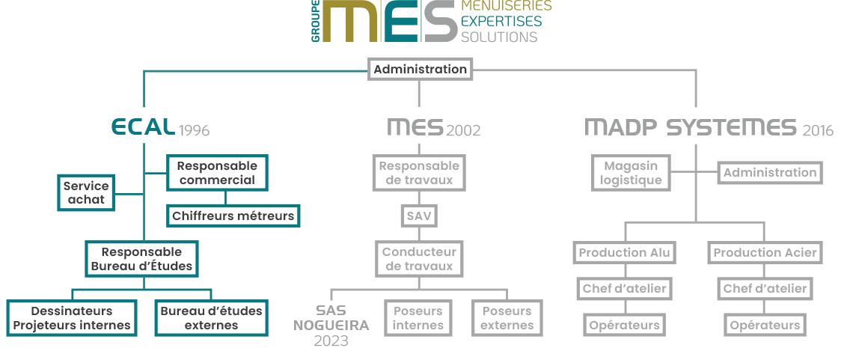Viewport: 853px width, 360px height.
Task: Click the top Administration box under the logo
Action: click(x=420, y=70)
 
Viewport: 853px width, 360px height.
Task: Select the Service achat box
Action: click(x=86, y=192)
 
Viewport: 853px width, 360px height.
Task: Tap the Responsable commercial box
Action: click(x=217, y=173)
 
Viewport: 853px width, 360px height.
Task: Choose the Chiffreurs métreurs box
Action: click(x=233, y=216)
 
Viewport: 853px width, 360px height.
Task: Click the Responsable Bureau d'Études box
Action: click(x=141, y=259)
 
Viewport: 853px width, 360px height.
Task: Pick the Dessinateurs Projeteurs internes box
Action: click(x=72, y=318)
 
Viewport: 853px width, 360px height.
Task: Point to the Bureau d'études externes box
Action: click(x=211, y=318)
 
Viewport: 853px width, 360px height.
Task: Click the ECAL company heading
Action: click(x=143, y=128)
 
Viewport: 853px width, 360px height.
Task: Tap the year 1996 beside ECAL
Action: click(x=194, y=131)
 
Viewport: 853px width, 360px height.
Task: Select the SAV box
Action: click(x=419, y=216)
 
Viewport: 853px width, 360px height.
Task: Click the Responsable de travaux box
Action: click(x=419, y=173)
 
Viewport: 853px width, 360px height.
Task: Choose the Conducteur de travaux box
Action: click(x=419, y=259)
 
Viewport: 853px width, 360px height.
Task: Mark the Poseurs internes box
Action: click(x=418, y=318)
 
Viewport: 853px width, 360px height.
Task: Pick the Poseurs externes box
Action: click(x=507, y=318)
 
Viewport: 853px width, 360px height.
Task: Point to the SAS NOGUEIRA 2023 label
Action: click(x=331, y=325)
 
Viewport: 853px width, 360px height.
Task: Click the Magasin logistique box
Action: click(x=632, y=173)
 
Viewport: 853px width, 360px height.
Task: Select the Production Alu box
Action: click(x=624, y=253)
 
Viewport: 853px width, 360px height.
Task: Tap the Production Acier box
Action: click(x=765, y=253)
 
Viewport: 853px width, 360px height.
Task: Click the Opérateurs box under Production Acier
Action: click(x=765, y=325)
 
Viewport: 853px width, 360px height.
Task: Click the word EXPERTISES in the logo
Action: click(x=501, y=21)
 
